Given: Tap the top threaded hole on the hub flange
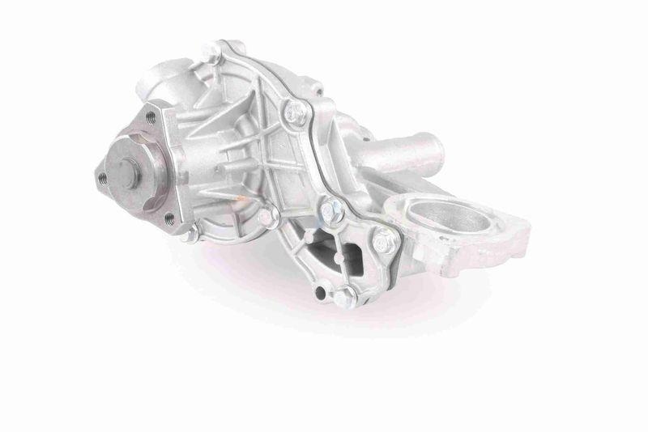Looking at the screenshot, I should (x=151, y=118).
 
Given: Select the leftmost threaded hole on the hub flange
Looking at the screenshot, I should (x=103, y=177).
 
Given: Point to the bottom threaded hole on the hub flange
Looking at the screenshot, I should (x=169, y=218).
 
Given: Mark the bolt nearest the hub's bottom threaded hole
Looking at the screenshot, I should (x=191, y=235).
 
